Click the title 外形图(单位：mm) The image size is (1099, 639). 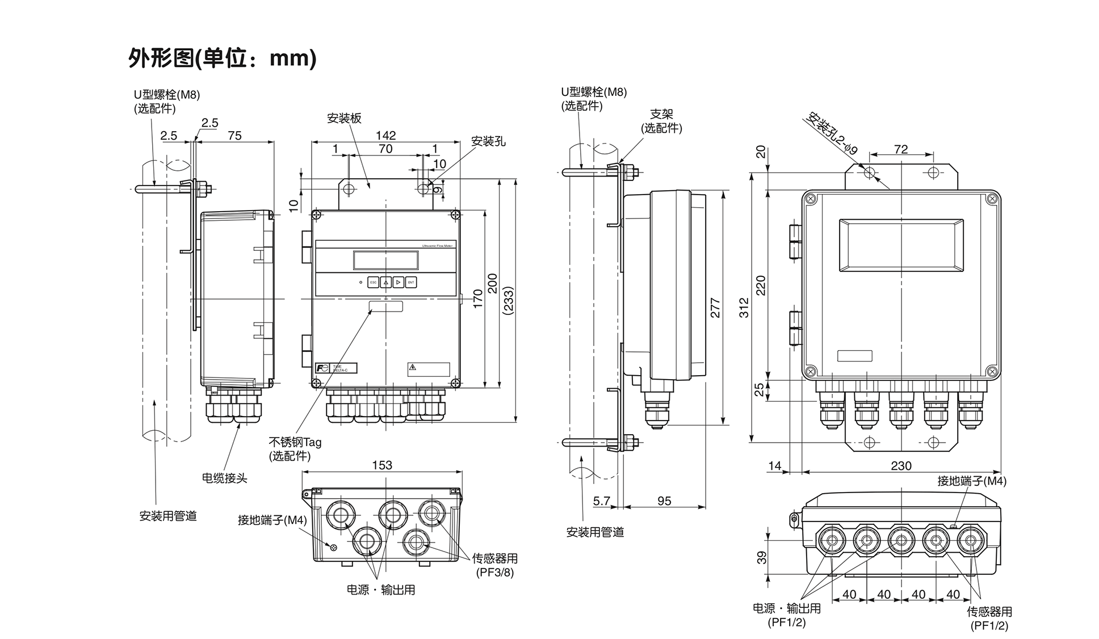(x=222, y=58)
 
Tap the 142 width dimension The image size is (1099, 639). (x=385, y=136)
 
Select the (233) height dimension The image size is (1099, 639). (x=509, y=301)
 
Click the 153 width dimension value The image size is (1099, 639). (x=382, y=465)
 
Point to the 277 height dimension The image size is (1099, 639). (x=715, y=308)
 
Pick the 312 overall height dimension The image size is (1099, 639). (x=744, y=308)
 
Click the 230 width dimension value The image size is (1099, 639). (x=901, y=466)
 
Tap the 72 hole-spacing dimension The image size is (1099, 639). (x=901, y=149)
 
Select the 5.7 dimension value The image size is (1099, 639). (x=602, y=501)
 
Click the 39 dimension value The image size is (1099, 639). (x=762, y=557)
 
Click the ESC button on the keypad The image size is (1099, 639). (x=373, y=282)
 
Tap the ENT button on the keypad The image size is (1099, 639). (x=411, y=282)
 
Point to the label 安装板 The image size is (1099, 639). (x=344, y=119)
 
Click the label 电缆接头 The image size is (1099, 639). (x=225, y=478)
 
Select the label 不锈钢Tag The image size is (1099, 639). (x=295, y=442)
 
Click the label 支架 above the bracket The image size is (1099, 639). (x=661, y=115)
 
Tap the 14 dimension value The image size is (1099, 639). (x=775, y=466)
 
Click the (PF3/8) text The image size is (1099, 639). (x=495, y=572)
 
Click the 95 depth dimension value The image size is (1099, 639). (x=664, y=501)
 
